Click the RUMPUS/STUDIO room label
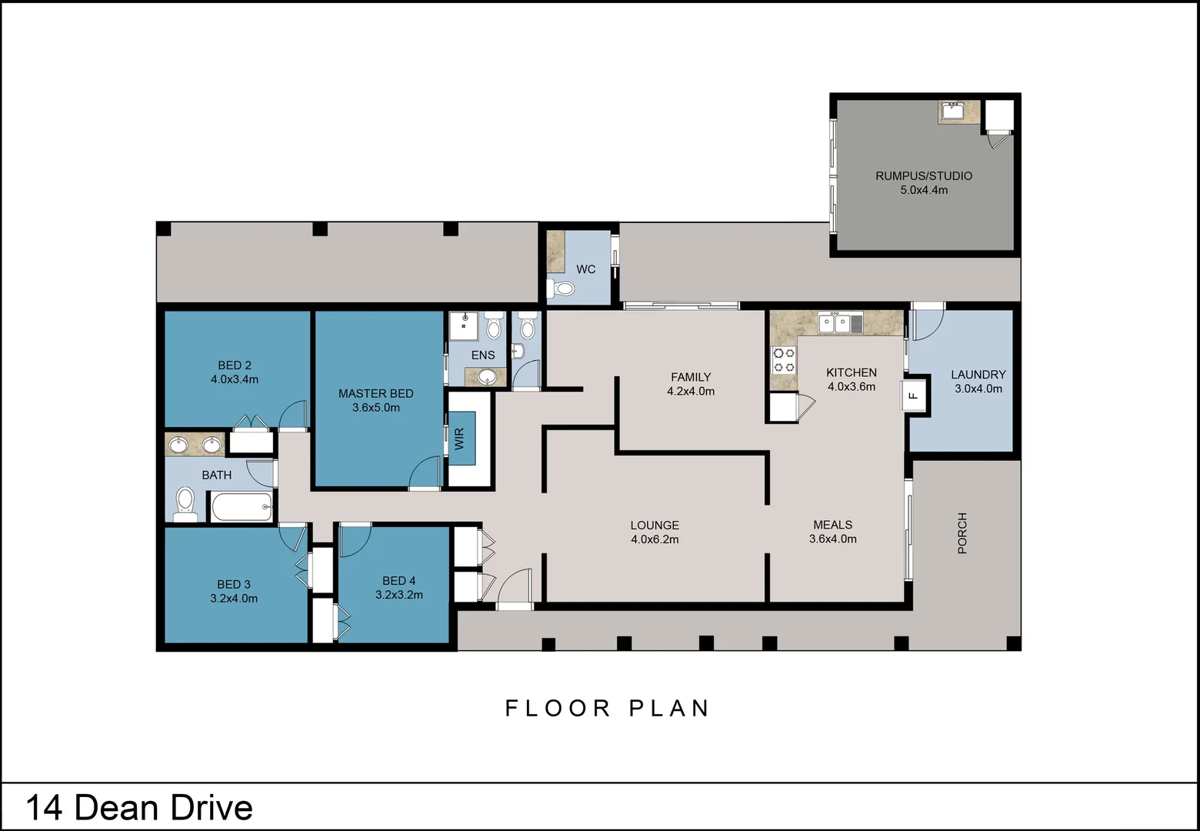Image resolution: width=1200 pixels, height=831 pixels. click(x=924, y=175)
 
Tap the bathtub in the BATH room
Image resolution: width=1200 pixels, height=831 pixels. click(x=242, y=506)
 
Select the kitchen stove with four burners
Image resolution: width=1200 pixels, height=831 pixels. click(x=783, y=360)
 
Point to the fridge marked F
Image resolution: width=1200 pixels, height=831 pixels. click(x=913, y=395)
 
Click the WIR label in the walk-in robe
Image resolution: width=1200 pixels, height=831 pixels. click(x=459, y=439)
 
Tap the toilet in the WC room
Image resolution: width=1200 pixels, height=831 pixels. click(x=560, y=289)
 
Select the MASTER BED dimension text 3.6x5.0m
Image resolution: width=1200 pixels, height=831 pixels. click(x=375, y=408)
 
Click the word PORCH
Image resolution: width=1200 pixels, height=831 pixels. click(x=962, y=533)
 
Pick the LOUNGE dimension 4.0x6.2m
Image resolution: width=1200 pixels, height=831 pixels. click(x=655, y=539)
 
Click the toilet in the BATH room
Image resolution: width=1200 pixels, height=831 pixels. click(x=185, y=504)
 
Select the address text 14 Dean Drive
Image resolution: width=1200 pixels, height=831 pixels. click(x=139, y=807)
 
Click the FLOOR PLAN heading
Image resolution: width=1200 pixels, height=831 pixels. click(x=607, y=709)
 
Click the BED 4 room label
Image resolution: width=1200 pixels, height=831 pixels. click(x=399, y=581)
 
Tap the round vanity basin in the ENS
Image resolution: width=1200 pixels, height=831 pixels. click(x=487, y=377)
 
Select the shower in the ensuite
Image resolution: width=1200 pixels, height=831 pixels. click(x=463, y=325)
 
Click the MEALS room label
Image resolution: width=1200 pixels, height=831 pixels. click(x=832, y=525)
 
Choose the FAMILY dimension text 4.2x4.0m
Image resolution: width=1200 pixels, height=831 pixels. click(x=691, y=392)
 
